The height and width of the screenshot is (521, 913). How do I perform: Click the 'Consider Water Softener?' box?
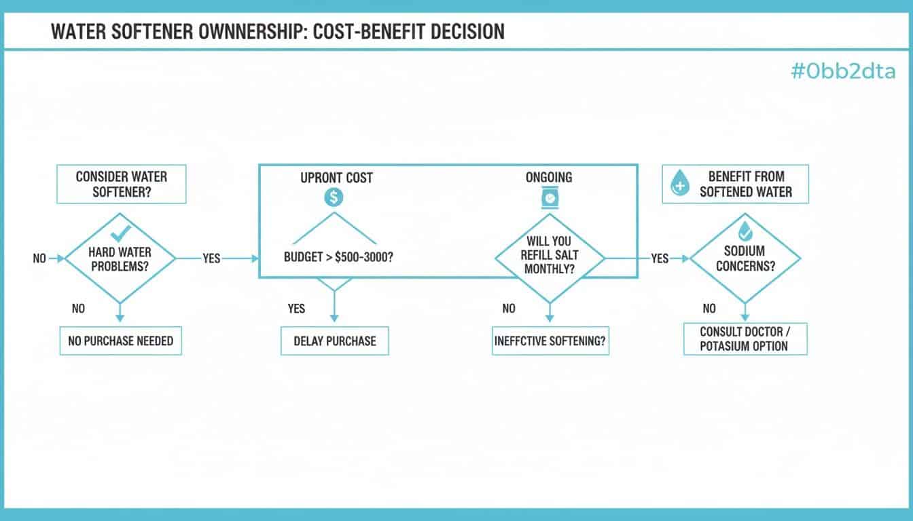point(121,184)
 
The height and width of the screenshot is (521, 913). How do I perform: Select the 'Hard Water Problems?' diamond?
point(120,259)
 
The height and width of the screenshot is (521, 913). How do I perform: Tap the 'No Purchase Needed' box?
point(121,341)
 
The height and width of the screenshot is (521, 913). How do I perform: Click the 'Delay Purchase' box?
point(334,341)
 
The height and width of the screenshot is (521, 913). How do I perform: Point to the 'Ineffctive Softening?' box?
point(550,341)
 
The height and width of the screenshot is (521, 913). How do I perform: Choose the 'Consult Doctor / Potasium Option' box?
point(745,339)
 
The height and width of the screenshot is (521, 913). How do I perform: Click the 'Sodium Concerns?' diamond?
point(745,259)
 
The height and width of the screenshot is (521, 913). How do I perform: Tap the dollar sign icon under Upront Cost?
point(334,198)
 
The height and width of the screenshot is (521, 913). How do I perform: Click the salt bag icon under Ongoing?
point(548,198)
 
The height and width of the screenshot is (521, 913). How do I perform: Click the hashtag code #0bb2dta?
point(843,71)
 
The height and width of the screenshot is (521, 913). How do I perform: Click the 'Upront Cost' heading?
point(336,178)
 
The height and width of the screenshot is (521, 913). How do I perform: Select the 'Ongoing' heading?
point(549,177)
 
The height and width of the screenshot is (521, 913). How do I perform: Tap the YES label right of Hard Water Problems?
point(211,258)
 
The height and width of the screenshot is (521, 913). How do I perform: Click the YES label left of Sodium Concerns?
point(660,258)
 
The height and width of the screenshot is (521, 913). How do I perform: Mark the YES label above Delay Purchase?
point(296,309)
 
